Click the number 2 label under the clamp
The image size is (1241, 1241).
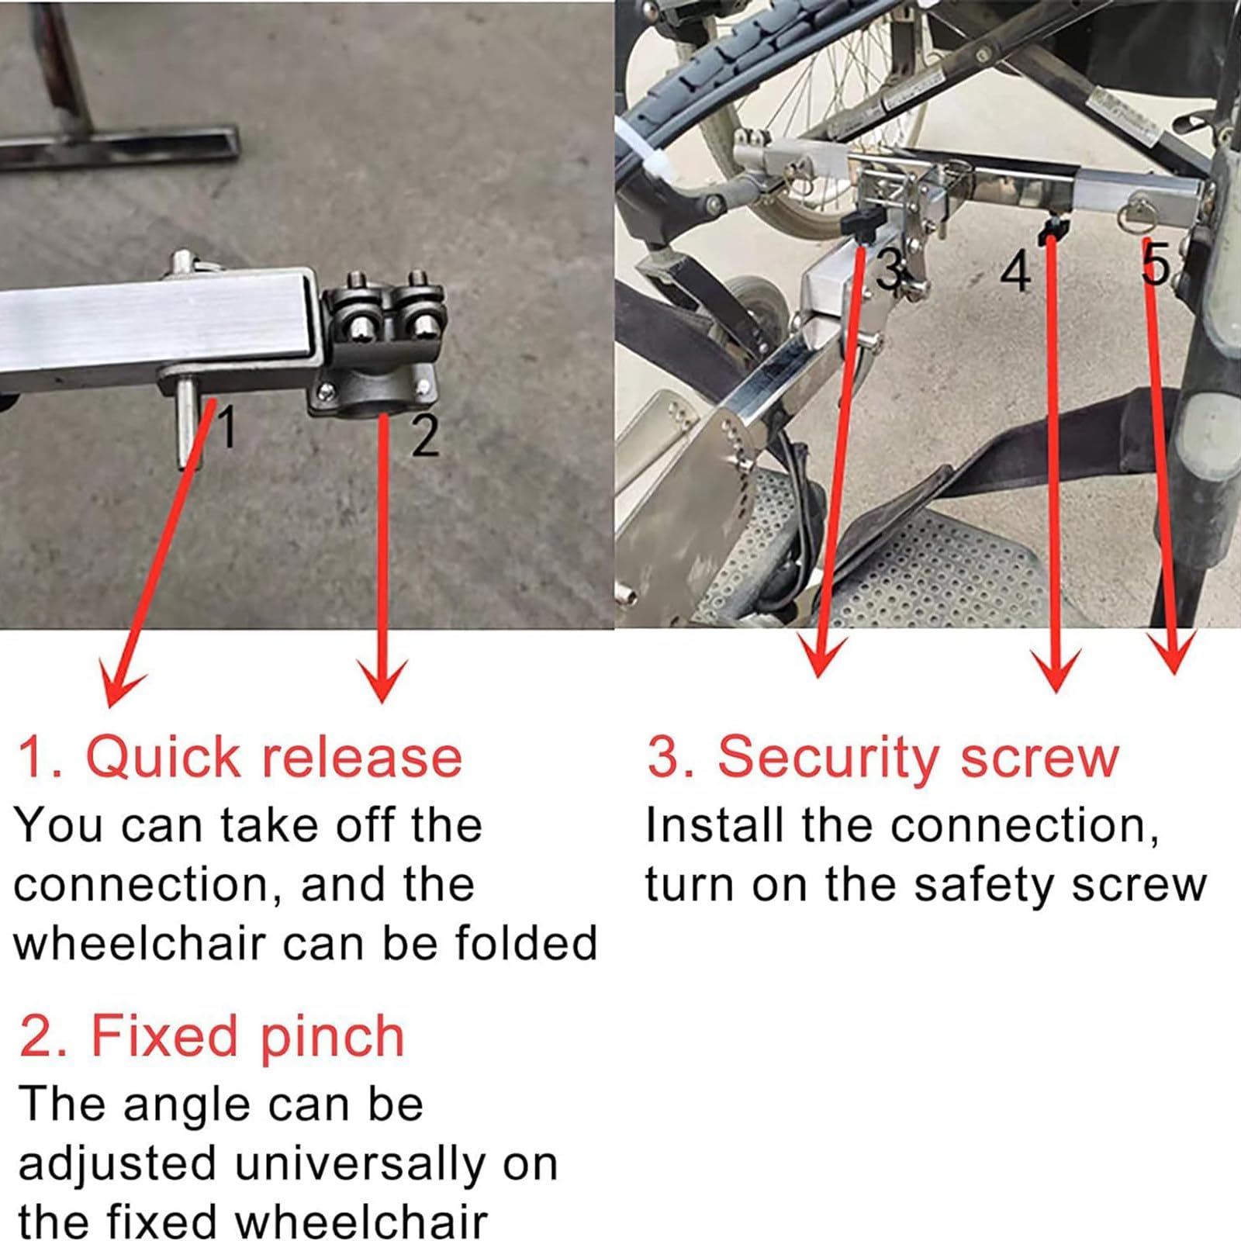tap(425, 436)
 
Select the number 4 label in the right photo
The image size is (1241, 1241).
tap(1016, 273)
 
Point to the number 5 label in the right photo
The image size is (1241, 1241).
tap(1156, 264)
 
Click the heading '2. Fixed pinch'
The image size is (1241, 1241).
tap(211, 1036)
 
